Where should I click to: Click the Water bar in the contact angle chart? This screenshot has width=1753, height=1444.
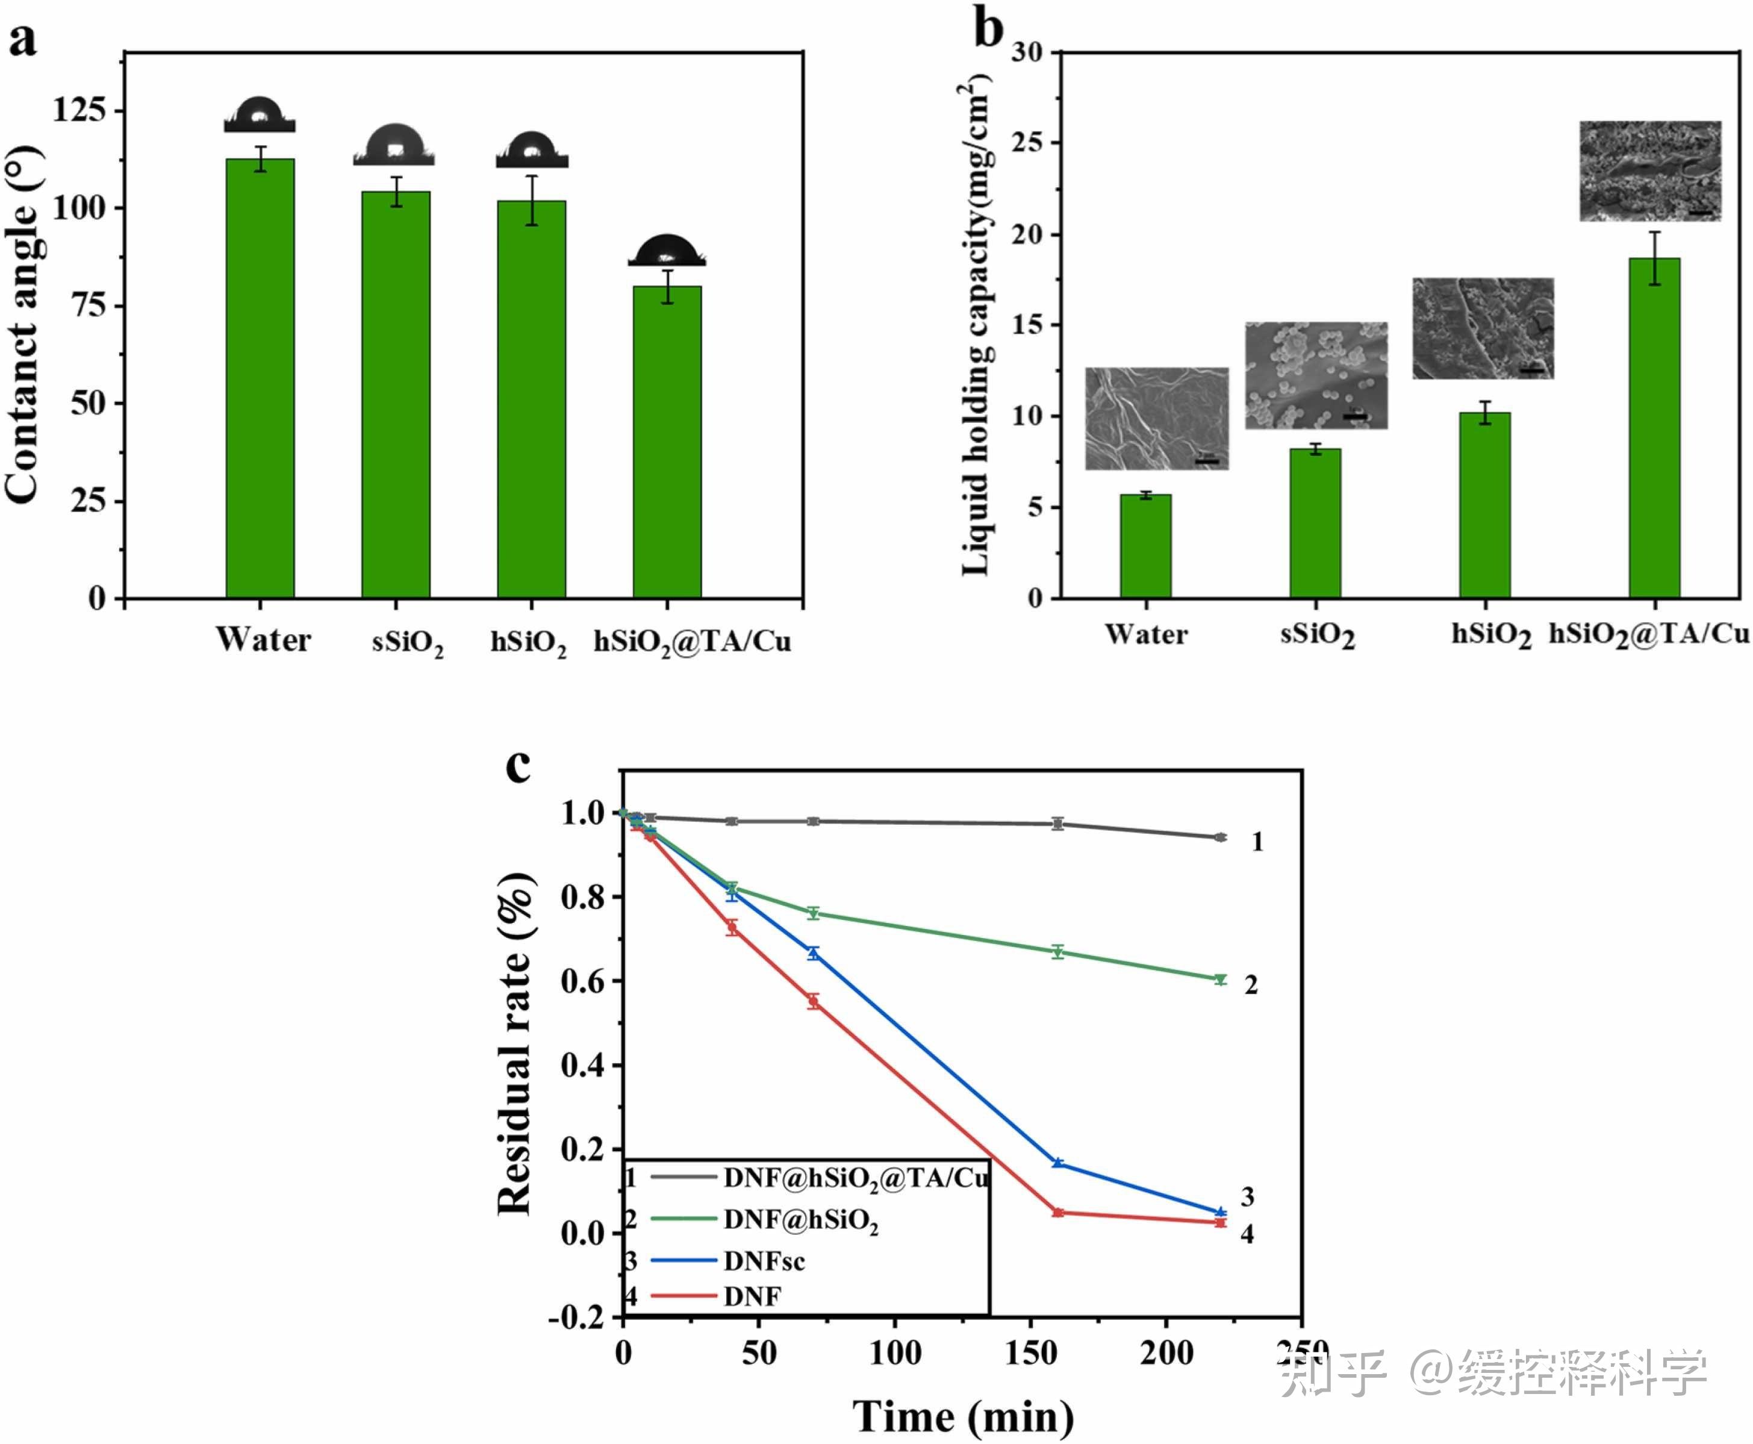click(x=260, y=378)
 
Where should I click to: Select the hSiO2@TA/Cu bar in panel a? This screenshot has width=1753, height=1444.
click(x=667, y=442)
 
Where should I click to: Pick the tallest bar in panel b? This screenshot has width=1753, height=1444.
click(x=1654, y=428)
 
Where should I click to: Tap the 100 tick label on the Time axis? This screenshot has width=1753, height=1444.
click(x=895, y=1353)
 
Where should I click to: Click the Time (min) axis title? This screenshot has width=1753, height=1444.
click(x=963, y=1416)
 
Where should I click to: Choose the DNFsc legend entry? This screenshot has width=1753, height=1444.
click(x=764, y=1261)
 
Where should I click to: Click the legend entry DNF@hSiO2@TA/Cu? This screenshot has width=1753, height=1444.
click(x=855, y=1178)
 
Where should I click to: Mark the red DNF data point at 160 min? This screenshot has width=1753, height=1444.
click(x=1058, y=1213)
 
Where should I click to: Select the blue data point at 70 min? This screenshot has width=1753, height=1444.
click(x=814, y=953)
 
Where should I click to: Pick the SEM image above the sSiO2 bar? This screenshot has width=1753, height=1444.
click(x=1316, y=375)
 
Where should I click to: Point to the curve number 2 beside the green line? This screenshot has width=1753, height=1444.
click(x=1251, y=986)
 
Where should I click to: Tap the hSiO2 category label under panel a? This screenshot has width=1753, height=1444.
click(x=529, y=642)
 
